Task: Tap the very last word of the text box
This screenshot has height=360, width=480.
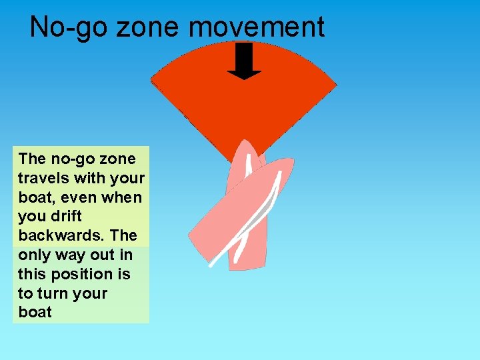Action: [35, 312]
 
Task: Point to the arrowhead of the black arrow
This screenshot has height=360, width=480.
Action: [244, 73]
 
